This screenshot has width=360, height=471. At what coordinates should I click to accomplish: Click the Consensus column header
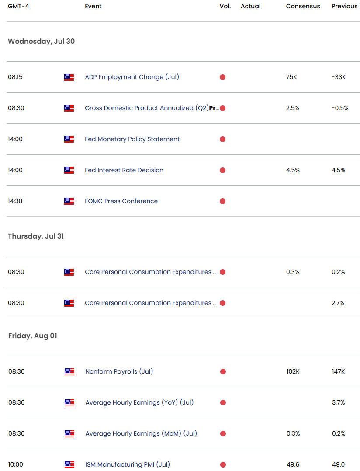(x=303, y=7)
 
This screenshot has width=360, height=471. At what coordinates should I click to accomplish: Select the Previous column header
(x=344, y=7)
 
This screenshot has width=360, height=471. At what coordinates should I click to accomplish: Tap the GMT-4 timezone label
(x=18, y=7)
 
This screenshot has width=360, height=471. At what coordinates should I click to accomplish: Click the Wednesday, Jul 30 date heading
(x=41, y=42)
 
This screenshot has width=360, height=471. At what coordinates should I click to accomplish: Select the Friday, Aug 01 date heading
(x=32, y=336)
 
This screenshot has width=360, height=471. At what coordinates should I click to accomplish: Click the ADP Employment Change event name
(x=132, y=77)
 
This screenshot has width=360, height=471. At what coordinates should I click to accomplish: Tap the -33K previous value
(x=338, y=77)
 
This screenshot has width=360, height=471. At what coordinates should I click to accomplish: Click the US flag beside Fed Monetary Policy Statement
(x=69, y=139)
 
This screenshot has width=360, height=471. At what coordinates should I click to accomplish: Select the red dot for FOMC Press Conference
(x=222, y=201)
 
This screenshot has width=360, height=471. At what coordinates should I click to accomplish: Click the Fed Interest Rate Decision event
(x=124, y=170)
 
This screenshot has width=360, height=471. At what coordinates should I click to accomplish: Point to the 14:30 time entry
(x=15, y=201)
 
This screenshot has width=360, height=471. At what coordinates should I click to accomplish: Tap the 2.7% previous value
(x=338, y=303)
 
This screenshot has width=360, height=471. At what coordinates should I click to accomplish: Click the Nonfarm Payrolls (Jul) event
(x=119, y=372)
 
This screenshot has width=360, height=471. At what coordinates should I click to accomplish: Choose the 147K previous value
(x=338, y=372)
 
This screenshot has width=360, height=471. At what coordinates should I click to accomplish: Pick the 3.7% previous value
(x=338, y=403)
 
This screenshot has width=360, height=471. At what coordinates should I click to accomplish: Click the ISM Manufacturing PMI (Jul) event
(x=128, y=465)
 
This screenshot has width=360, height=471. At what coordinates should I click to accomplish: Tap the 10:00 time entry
(x=16, y=465)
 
